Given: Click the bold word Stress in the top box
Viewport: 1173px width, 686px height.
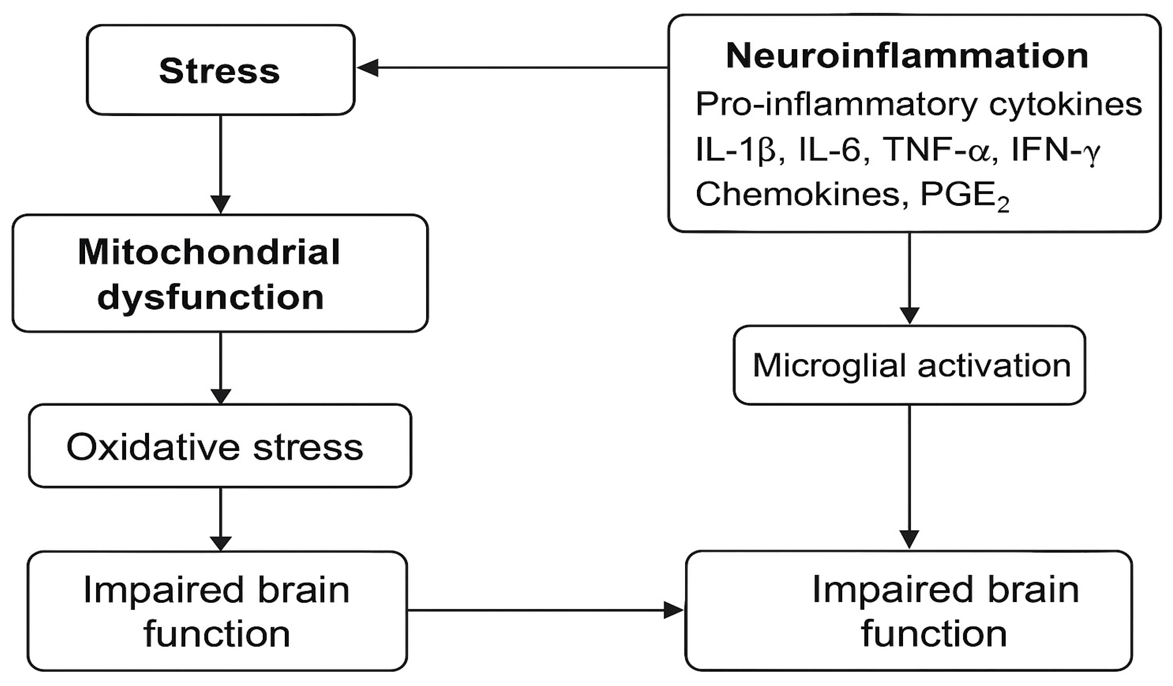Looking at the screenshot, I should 219,71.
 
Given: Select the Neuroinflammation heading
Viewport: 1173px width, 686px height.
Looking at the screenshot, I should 907,56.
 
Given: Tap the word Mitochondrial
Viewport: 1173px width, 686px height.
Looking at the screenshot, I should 209,252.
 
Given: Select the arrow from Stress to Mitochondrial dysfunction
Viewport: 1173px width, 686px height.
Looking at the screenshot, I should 220,163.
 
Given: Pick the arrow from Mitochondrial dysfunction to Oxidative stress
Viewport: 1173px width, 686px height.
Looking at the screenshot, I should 220,368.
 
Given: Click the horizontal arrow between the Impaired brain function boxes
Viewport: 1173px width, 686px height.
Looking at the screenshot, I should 545,610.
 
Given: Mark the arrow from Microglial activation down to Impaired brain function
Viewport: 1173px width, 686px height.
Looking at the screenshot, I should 909,475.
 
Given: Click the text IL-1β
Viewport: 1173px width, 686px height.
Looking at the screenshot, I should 735,150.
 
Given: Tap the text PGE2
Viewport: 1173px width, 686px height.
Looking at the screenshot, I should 964,196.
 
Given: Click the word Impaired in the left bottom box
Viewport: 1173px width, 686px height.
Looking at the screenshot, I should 163,590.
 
